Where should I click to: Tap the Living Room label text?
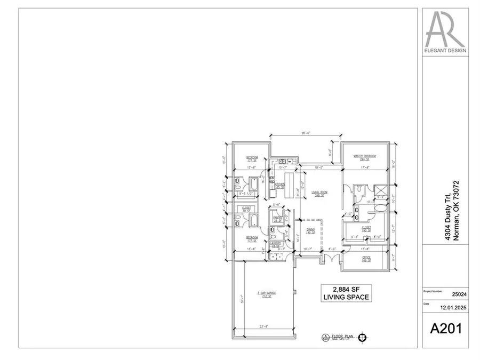319,193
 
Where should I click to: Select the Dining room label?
311,231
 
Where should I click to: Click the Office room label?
366,259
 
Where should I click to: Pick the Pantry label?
277,219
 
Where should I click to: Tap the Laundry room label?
276,245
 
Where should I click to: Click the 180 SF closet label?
366,228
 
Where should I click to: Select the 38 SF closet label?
246,210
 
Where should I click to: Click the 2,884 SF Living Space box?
345,293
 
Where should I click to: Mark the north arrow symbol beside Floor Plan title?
363,337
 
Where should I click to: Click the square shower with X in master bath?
380,191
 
